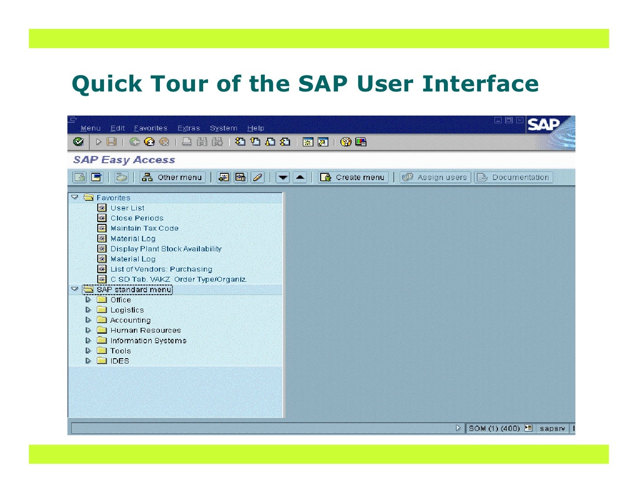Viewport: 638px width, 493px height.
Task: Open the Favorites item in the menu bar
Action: click(151, 128)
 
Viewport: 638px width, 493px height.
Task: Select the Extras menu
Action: click(188, 128)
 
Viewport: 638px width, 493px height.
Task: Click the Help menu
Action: click(255, 128)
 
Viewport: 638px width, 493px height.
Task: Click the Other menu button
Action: click(172, 177)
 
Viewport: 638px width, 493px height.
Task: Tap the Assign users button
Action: click(435, 177)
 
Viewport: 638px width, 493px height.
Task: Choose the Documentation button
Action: click(513, 177)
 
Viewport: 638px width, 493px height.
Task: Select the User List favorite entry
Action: click(127, 208)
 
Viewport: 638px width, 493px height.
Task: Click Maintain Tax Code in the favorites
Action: click(144, 228)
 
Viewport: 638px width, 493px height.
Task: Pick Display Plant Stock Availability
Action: click(166, 249)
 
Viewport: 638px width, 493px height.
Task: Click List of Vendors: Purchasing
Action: click(161, 269)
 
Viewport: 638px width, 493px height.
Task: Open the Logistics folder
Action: click(127, 310)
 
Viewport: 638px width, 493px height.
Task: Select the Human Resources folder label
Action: click(145, 330)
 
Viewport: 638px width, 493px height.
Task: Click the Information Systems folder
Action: click(148, 340)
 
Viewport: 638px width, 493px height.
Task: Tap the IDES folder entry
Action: click(119, 361)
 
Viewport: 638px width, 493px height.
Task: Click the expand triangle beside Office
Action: click(88, 299)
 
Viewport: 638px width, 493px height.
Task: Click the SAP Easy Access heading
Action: click(124, 160)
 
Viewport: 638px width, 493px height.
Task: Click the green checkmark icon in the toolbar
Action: click(78, 142)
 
